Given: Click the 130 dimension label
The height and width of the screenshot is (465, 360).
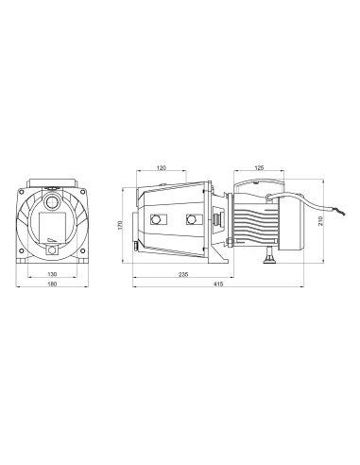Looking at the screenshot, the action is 52,274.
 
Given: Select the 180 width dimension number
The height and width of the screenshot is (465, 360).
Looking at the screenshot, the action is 52,284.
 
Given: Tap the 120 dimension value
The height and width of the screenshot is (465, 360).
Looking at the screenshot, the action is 161,168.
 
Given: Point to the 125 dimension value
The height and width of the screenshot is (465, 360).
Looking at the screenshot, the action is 259,168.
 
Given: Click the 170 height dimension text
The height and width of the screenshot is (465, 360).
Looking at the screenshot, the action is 120,225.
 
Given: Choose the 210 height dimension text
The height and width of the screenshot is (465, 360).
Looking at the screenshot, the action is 321,220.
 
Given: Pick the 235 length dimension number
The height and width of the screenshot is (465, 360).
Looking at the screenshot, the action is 183,274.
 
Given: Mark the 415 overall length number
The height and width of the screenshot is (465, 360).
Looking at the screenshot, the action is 218,284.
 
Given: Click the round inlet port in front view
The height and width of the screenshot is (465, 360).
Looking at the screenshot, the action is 52,202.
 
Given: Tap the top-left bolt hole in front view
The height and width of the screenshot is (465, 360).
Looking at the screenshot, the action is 22,192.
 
